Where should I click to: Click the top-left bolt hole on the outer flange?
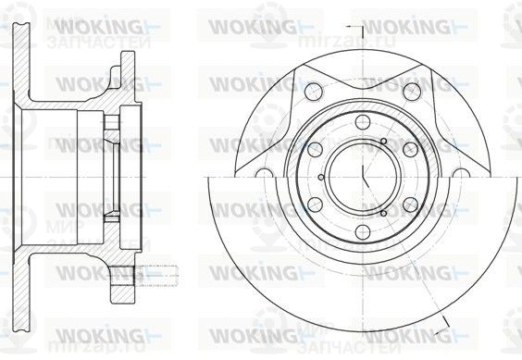pos(311,91)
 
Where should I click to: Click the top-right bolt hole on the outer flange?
pos(409,91)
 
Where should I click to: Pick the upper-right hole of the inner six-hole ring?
pos(407,148)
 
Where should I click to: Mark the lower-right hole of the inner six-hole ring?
pos(407,204)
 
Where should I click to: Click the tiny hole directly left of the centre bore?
pos(320,177)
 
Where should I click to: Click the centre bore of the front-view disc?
pos(359,177)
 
